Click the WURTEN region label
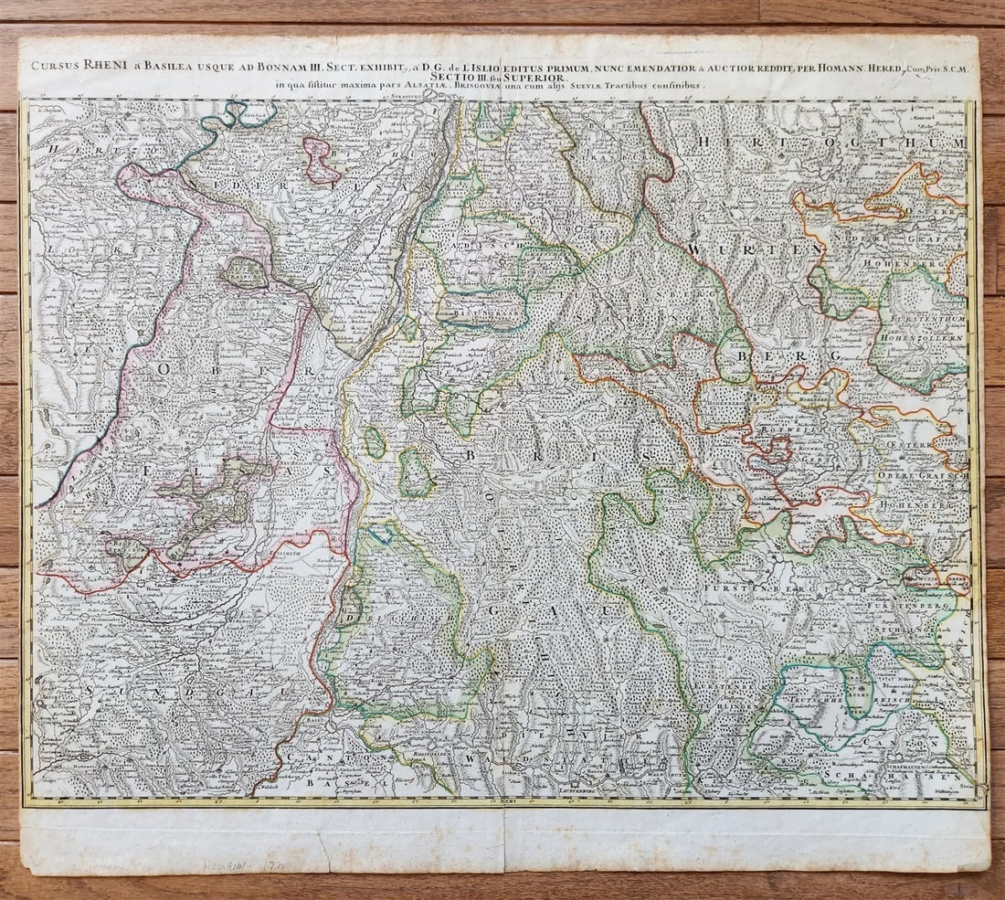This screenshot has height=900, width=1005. click(x=757, y=249)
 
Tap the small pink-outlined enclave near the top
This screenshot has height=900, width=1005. click(x=321, y=160)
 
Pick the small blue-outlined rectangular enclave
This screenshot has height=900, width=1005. click(x=380, y=535)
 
